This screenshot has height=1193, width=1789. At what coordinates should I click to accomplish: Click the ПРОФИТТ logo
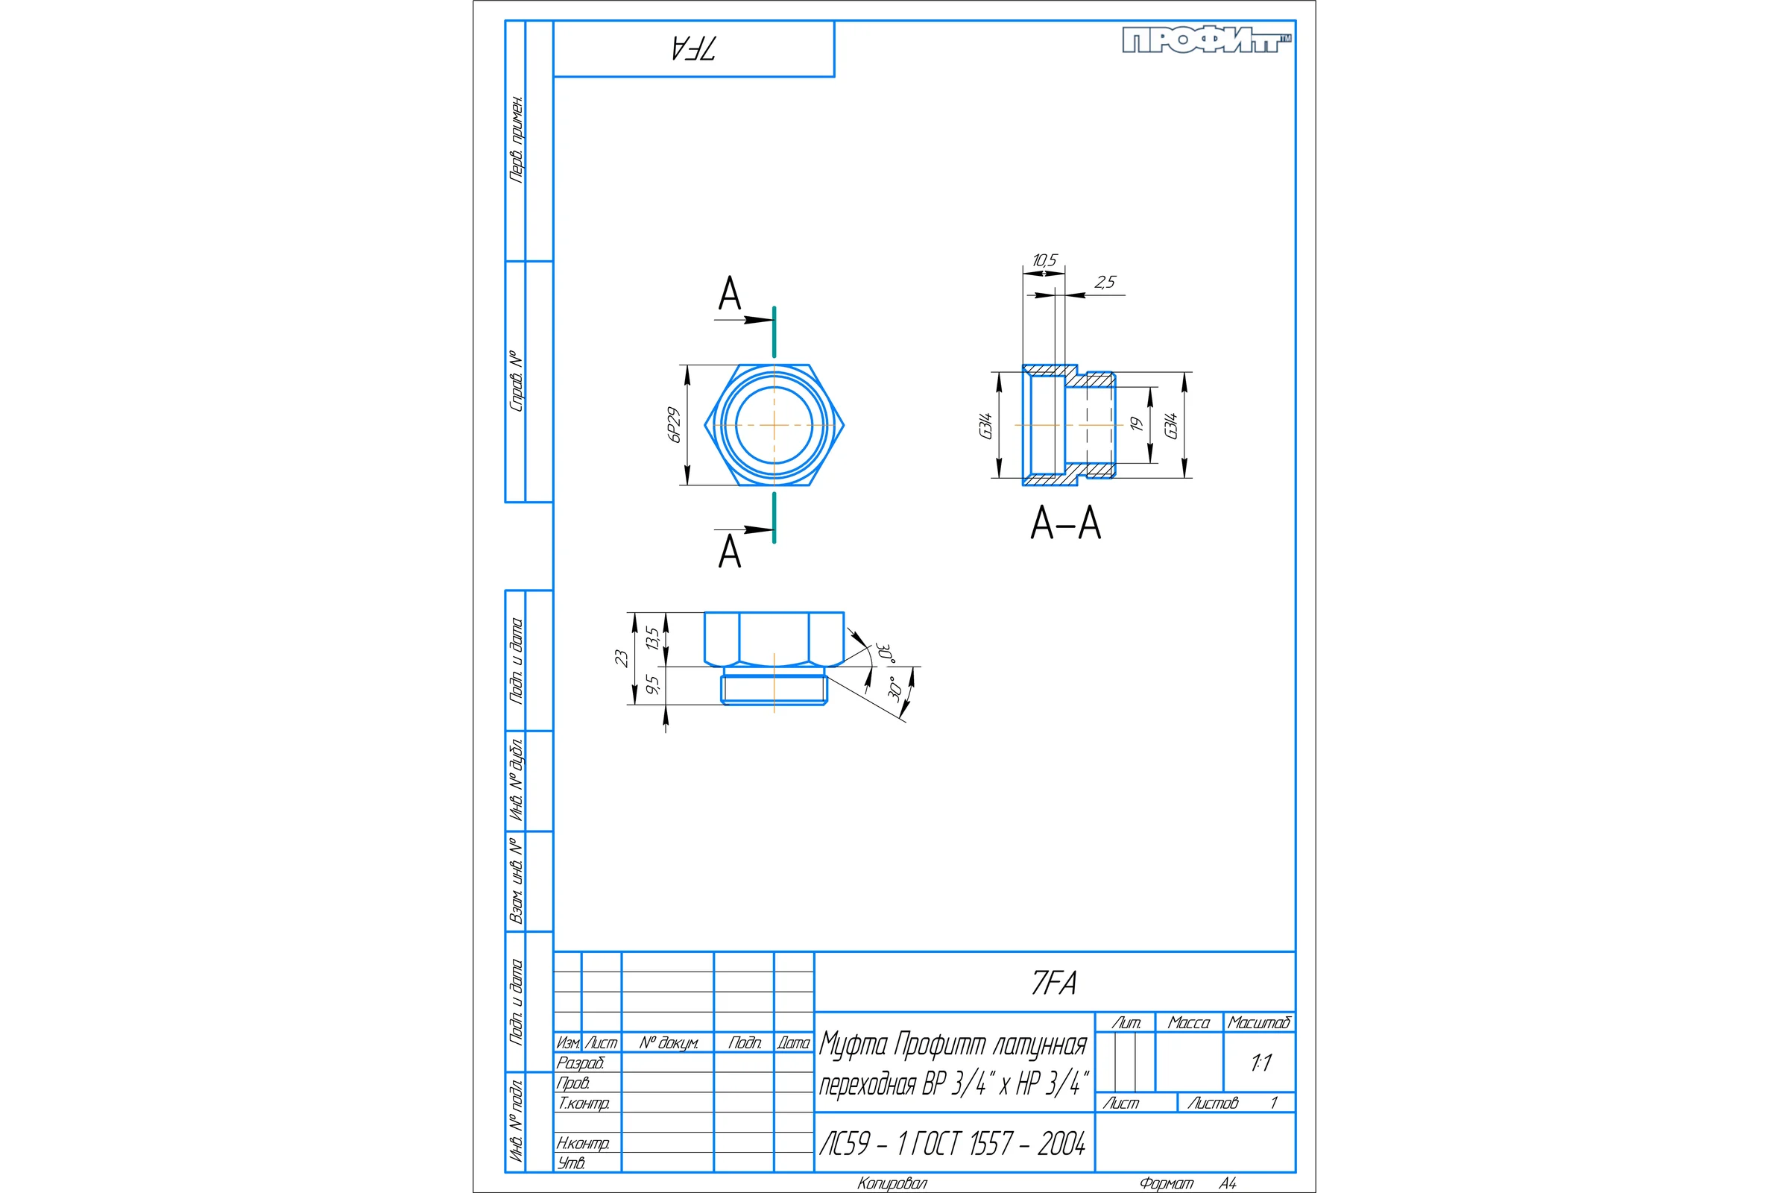[1207, 40]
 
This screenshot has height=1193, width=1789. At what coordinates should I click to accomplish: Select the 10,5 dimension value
[1044, 260]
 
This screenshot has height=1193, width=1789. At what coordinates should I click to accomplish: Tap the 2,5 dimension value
[1105, 283]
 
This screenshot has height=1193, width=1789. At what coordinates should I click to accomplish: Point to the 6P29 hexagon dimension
[674, 424]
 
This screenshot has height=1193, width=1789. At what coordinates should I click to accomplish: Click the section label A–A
[1066, 523]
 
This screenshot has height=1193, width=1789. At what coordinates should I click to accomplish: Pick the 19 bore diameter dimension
[1136, 424]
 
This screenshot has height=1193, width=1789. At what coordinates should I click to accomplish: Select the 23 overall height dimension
[622, 658]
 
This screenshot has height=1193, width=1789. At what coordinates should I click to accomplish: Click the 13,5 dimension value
[651, 638]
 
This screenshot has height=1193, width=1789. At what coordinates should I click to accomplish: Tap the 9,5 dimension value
[651, 684]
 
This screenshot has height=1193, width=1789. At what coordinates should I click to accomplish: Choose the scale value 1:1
[1261, 1063]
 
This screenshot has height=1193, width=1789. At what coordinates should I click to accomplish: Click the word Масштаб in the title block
[1260, 1022]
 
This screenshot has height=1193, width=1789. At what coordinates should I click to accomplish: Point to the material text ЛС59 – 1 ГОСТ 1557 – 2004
[953, 1144]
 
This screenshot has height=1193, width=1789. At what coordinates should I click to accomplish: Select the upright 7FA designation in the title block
[1054, 983]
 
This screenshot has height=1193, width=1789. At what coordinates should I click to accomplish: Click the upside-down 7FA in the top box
[694, 48]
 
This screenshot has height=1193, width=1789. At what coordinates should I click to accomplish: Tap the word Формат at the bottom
[1166, 1183]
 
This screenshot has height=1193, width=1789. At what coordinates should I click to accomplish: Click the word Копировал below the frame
[892, 1183]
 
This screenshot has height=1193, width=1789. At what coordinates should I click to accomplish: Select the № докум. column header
[669, 1043]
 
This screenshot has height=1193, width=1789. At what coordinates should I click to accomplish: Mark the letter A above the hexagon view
[730, 294]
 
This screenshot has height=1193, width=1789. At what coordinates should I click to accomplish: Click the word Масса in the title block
[1189, 1022]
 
